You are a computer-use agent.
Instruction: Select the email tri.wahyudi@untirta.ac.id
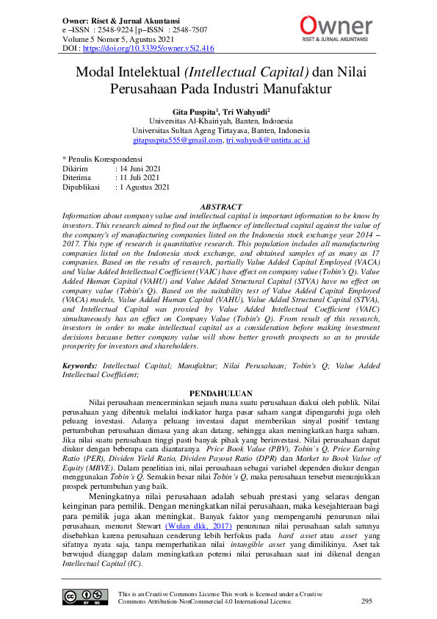(x=267, y=140)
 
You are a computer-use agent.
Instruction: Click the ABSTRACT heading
(x=218, y=207)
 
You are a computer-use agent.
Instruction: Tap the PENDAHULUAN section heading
(x=218, y=393)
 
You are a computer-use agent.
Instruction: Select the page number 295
(x=366, y=601)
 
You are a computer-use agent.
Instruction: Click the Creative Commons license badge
(x=81, y=597)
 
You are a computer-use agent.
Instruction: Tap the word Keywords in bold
(x=79, y=365)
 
